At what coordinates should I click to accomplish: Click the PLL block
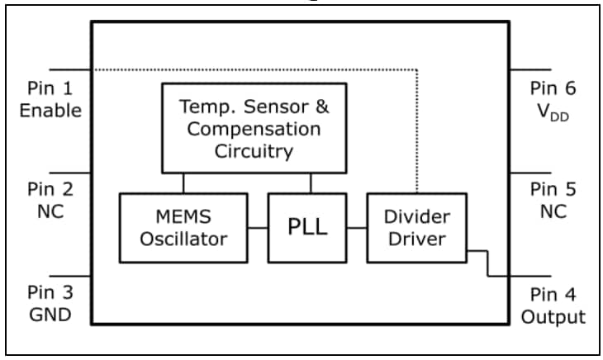coord(307,228)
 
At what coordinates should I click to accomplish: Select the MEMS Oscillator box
coord(183,228)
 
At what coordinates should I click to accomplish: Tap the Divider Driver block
coord(416,228)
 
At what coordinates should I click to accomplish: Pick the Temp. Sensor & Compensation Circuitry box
coord(254,129)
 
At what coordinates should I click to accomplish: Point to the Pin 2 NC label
coord(50,201)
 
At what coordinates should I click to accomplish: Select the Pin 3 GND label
coord(50,304)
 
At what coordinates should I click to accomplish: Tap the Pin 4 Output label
coord(553,306)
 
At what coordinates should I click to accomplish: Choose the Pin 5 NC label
coord(553,201)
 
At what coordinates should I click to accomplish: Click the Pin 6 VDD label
coord(553,99)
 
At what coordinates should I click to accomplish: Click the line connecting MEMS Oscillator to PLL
coord(257,228)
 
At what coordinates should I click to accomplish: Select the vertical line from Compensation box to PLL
coord(311,182)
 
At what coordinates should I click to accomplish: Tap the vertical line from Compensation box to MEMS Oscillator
coord(183,182)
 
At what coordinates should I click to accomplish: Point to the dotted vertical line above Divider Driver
coord(417,132)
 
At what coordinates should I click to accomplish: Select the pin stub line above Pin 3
coord(70,276)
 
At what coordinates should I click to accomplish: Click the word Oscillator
coord(183,239)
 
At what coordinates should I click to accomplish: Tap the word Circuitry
coord(254,151)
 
